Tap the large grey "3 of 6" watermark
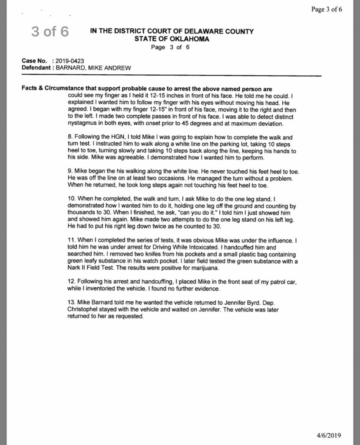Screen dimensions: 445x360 tap(49, 32)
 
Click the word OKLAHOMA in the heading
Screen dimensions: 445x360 tap(188, 39)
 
